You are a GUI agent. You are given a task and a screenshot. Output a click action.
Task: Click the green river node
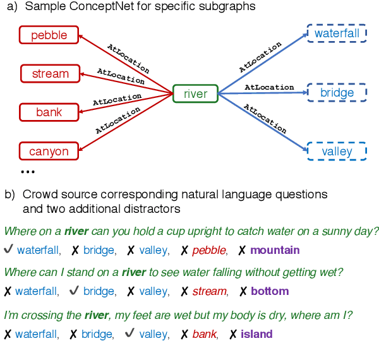195,94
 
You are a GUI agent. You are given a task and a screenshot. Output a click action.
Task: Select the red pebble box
49,35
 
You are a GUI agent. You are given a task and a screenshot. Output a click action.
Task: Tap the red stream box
50,74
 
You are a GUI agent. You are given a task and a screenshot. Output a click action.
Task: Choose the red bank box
49,112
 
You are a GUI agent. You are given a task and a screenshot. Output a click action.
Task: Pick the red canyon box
49,152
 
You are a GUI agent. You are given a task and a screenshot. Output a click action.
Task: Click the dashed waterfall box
336,33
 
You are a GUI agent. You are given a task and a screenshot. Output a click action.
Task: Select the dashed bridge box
337,93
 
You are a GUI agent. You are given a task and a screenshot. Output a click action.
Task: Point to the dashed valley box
336,152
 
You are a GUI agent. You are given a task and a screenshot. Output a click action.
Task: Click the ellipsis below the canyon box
28,172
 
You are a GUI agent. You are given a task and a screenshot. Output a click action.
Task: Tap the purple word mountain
275,250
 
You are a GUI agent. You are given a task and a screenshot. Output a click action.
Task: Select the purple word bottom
270,291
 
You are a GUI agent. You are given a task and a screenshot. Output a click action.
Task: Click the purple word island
256,334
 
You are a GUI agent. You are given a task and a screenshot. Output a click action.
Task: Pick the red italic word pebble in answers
208,250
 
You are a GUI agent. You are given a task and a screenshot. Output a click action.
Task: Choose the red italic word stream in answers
209,291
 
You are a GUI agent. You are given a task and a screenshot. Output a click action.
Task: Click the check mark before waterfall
8,250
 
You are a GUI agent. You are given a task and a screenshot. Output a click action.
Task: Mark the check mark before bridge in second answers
73,291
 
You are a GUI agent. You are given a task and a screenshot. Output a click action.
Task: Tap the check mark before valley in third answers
129,334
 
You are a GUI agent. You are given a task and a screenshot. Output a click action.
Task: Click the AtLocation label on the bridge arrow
269,87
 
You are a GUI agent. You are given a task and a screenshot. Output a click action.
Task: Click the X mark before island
233,334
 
